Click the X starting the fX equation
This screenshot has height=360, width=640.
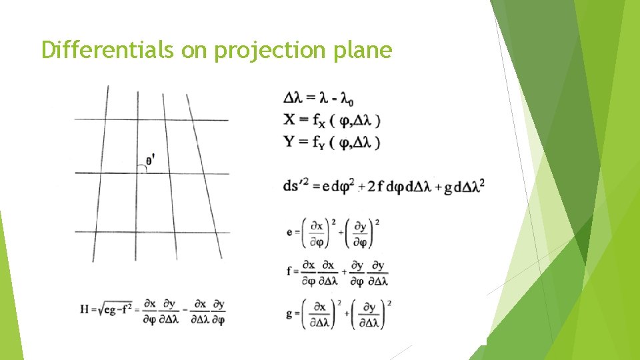coord(289,120)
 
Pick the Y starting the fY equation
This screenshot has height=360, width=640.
coord(289,141)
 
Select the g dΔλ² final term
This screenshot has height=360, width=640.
coord(467,185)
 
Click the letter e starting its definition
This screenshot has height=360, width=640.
coord(289,232)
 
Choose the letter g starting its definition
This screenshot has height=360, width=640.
coord(289,313)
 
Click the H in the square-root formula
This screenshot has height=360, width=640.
coord(84,309)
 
